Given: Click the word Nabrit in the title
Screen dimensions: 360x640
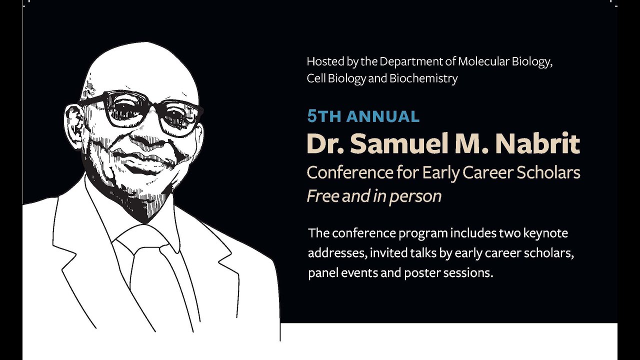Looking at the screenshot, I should tap(537, 144).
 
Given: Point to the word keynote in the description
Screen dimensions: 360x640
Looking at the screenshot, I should tap(543, 233).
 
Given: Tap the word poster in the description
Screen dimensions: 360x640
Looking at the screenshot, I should tap(417, 274).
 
